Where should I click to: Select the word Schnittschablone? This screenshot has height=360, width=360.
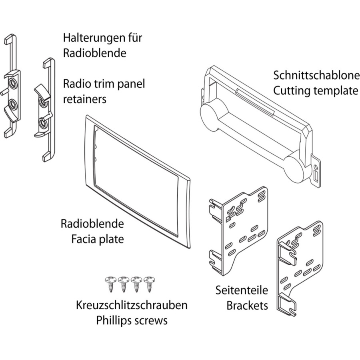(316, 76)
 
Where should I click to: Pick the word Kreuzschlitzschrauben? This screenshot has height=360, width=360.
(132, 306)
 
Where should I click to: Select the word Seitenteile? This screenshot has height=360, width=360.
(242, 291)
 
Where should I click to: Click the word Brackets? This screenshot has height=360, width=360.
(247, 306)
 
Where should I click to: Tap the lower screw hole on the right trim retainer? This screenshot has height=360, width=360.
(42, 121)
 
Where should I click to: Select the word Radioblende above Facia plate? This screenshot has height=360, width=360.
(92, 224)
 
